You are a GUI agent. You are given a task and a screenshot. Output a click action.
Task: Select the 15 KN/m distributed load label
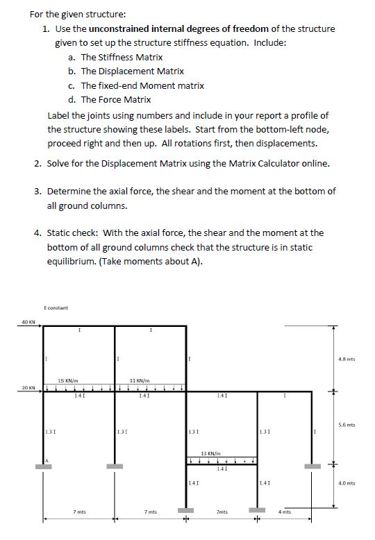coord(68,380)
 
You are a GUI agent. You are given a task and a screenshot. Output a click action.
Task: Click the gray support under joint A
coord(43,466)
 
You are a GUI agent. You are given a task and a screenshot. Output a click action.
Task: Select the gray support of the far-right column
coord(311,466)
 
